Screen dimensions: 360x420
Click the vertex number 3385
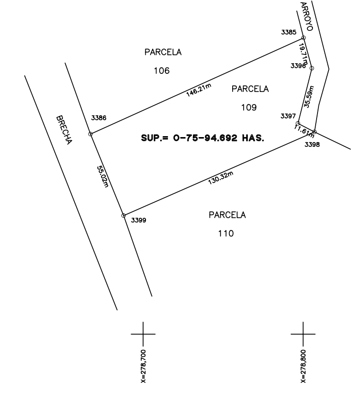click(288, 32)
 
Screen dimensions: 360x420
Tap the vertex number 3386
click(99, 118)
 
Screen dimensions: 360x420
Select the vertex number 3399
click(138, 220)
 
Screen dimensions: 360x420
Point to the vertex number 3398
click(312, 144)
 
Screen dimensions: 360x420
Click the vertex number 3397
click(288, 116)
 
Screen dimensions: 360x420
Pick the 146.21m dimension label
click(199, 90)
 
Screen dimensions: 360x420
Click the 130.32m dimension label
click(221, 178)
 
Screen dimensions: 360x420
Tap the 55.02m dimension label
click(102, 176)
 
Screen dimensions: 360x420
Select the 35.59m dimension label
click(309, 97)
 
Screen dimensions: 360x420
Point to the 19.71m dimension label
click(303, 54)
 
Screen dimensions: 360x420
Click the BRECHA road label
click(64, 130)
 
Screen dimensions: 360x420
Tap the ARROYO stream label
click(307, 16)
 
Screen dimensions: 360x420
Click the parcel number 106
click(162, 71)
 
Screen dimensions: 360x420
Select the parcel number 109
click(249, 108)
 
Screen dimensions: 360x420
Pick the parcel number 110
click(226, 234)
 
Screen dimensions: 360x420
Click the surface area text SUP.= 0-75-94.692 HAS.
click(203, 138)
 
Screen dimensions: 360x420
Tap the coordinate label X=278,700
click(143, 366)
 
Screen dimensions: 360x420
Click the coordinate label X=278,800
click(303, 366)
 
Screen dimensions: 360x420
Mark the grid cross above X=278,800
click(303, 334)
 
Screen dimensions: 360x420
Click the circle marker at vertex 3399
click(124, 216)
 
